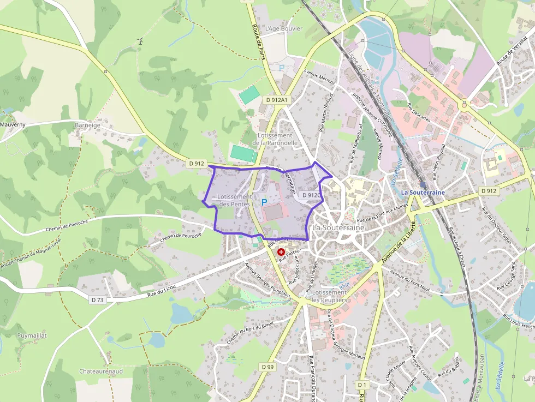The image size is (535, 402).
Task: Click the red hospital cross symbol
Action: coord(281,252)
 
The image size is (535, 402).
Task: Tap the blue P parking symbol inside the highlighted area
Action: coord(264,202)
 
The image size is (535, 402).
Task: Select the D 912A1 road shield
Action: coord(277,100)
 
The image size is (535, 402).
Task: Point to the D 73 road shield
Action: coord(97,299)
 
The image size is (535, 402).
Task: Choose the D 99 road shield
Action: coord(267,367)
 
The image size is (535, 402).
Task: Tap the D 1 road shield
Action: coord(362,385)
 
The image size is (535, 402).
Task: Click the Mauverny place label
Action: coord(13,124)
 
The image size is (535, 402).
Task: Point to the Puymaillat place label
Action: coord(32,335)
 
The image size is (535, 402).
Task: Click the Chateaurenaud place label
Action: coord(100,371)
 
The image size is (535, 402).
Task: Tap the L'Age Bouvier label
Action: coord(283,28)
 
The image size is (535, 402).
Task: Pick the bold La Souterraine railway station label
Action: coord(423,193)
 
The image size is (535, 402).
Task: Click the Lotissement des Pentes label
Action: coord(234,200)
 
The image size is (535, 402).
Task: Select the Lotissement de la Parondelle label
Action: coord(275,139)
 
